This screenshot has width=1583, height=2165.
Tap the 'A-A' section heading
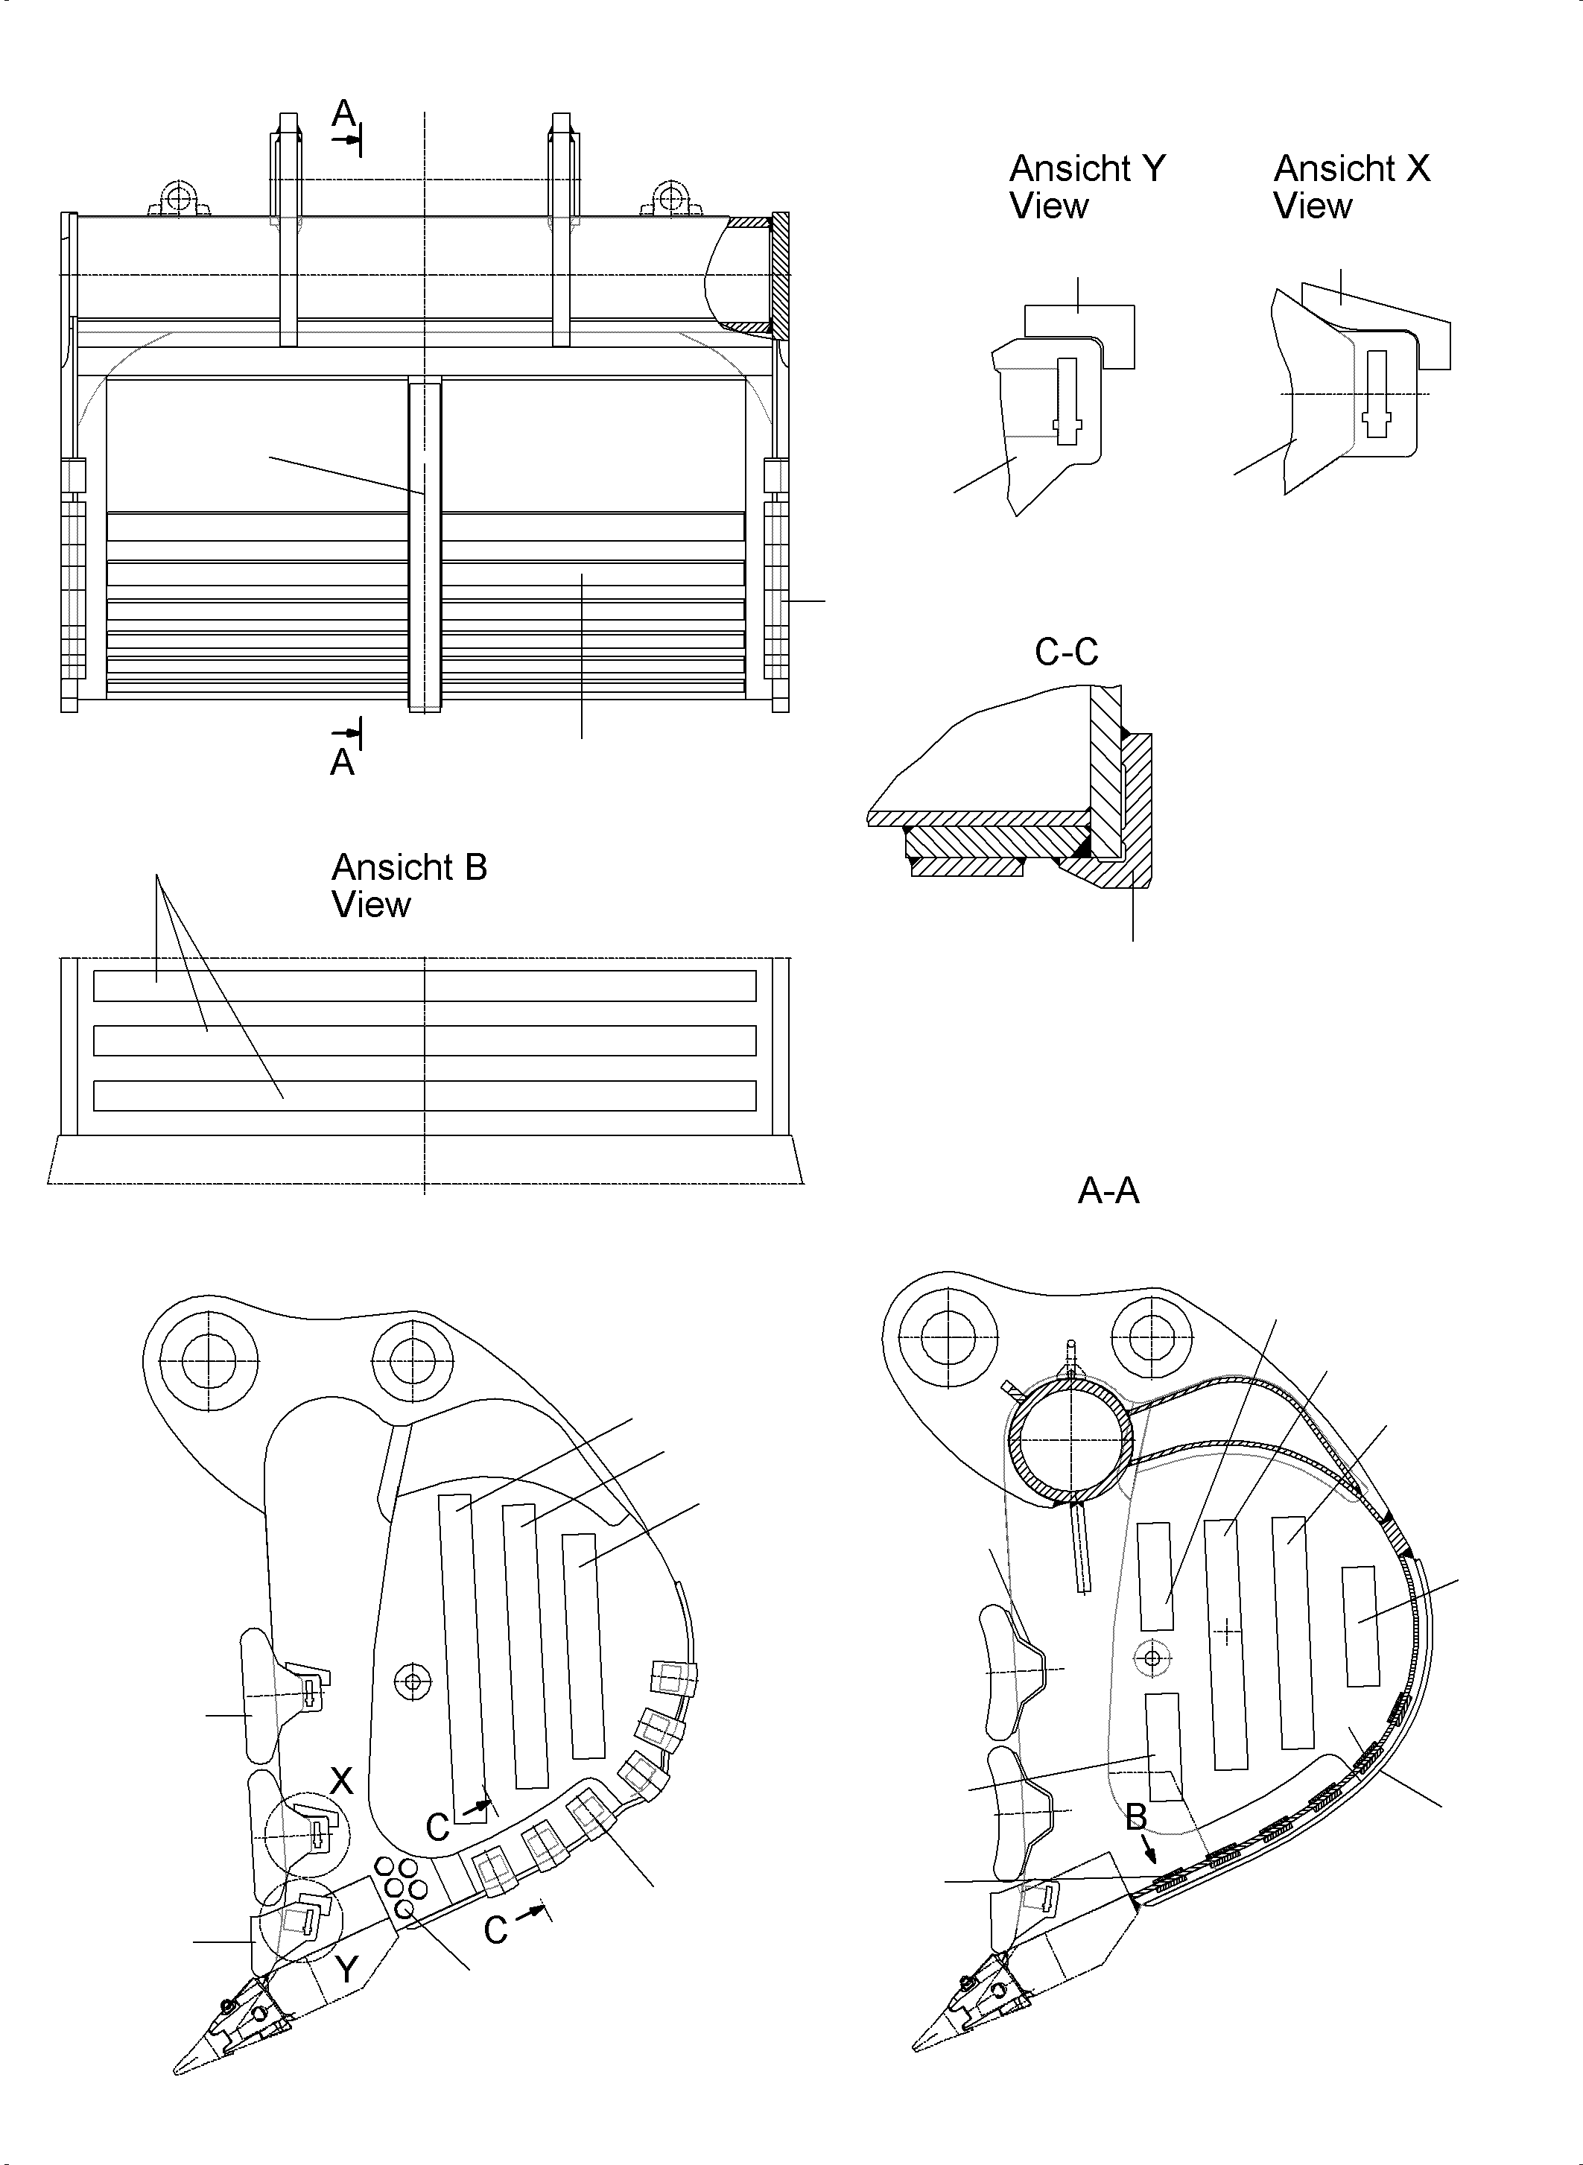(1108, 1191)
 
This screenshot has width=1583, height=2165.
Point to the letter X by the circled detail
(342, 1781)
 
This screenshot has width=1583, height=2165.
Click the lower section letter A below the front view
(342, 763)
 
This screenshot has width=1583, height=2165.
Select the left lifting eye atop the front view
(177, 198)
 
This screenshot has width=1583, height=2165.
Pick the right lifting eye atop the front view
(670, 198)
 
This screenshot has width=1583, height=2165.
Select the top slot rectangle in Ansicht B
(425, 985)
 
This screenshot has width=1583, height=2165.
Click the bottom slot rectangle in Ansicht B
(425, 1095)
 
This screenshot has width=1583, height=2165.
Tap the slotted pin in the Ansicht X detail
(1377, 394)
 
